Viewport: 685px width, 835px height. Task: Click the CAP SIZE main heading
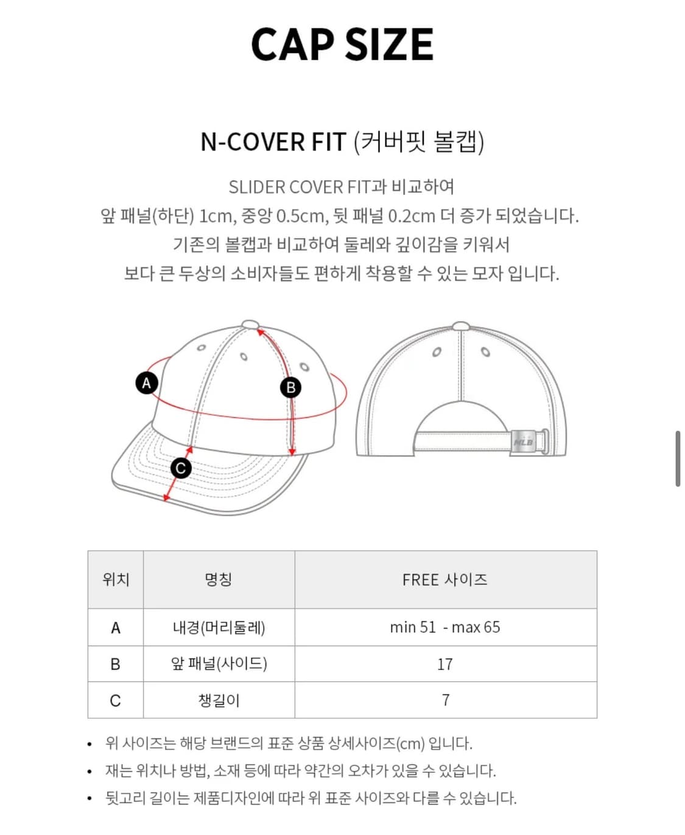point(342,44)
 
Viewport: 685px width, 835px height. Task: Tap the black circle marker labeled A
point(146,383)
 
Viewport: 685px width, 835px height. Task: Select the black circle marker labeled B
point(290,387)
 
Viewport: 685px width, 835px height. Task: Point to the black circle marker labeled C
point(180,468)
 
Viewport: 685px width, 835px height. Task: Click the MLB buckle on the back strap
point(524,442)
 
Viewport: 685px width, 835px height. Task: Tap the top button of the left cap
point(250,325)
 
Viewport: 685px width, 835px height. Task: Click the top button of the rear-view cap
point(461,326)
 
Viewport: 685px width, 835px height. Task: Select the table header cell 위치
point(116,579)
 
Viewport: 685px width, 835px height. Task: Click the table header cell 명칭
point(219,579)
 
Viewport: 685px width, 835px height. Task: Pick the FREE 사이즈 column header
point(445,579)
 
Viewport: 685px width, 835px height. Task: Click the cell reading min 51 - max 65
point(445,627)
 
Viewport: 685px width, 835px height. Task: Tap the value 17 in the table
point(445,664)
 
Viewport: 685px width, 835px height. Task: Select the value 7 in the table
point(445,700)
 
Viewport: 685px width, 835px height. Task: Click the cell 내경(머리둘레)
point(219,627)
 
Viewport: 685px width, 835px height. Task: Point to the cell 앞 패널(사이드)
point(219,664)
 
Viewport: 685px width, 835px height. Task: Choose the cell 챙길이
point(219,700)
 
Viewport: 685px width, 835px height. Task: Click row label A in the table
point(116,628)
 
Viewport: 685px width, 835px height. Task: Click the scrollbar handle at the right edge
point(677,459)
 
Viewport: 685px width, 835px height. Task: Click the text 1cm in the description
point(216,216)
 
